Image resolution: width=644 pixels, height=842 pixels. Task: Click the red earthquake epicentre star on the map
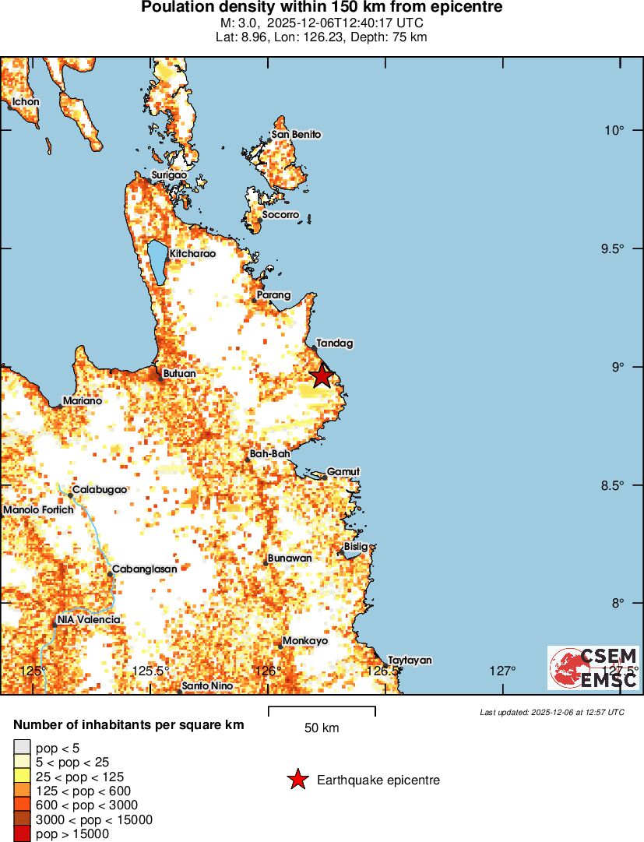pos(322,376)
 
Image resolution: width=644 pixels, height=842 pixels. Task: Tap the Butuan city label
pos(179,374)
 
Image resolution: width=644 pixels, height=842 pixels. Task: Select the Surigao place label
pos(169,175)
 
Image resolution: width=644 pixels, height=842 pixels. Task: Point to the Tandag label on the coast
pos(335,343)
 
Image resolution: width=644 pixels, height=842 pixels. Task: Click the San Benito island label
pos(296,135)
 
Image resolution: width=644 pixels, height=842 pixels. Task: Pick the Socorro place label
pos(280,214)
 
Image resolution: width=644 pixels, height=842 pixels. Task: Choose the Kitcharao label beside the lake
pos(192,253)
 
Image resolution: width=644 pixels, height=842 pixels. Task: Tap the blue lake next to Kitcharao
pos(157,261)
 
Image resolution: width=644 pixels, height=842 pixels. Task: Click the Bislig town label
pos(356,547)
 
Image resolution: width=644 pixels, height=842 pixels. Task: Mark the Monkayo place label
pos(305,640)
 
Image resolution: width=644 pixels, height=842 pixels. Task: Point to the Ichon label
pos(25,101)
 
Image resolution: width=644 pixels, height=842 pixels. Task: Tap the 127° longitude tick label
pos(503,671)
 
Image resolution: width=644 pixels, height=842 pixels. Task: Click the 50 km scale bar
pos(322,710)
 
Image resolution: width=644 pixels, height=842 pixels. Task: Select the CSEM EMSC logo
pos(593,668)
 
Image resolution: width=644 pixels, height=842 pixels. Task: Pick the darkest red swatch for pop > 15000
pos(23,834)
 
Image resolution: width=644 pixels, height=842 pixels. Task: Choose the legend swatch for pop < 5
pos(23,748)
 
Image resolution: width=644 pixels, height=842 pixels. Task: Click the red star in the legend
pos(297,780)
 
